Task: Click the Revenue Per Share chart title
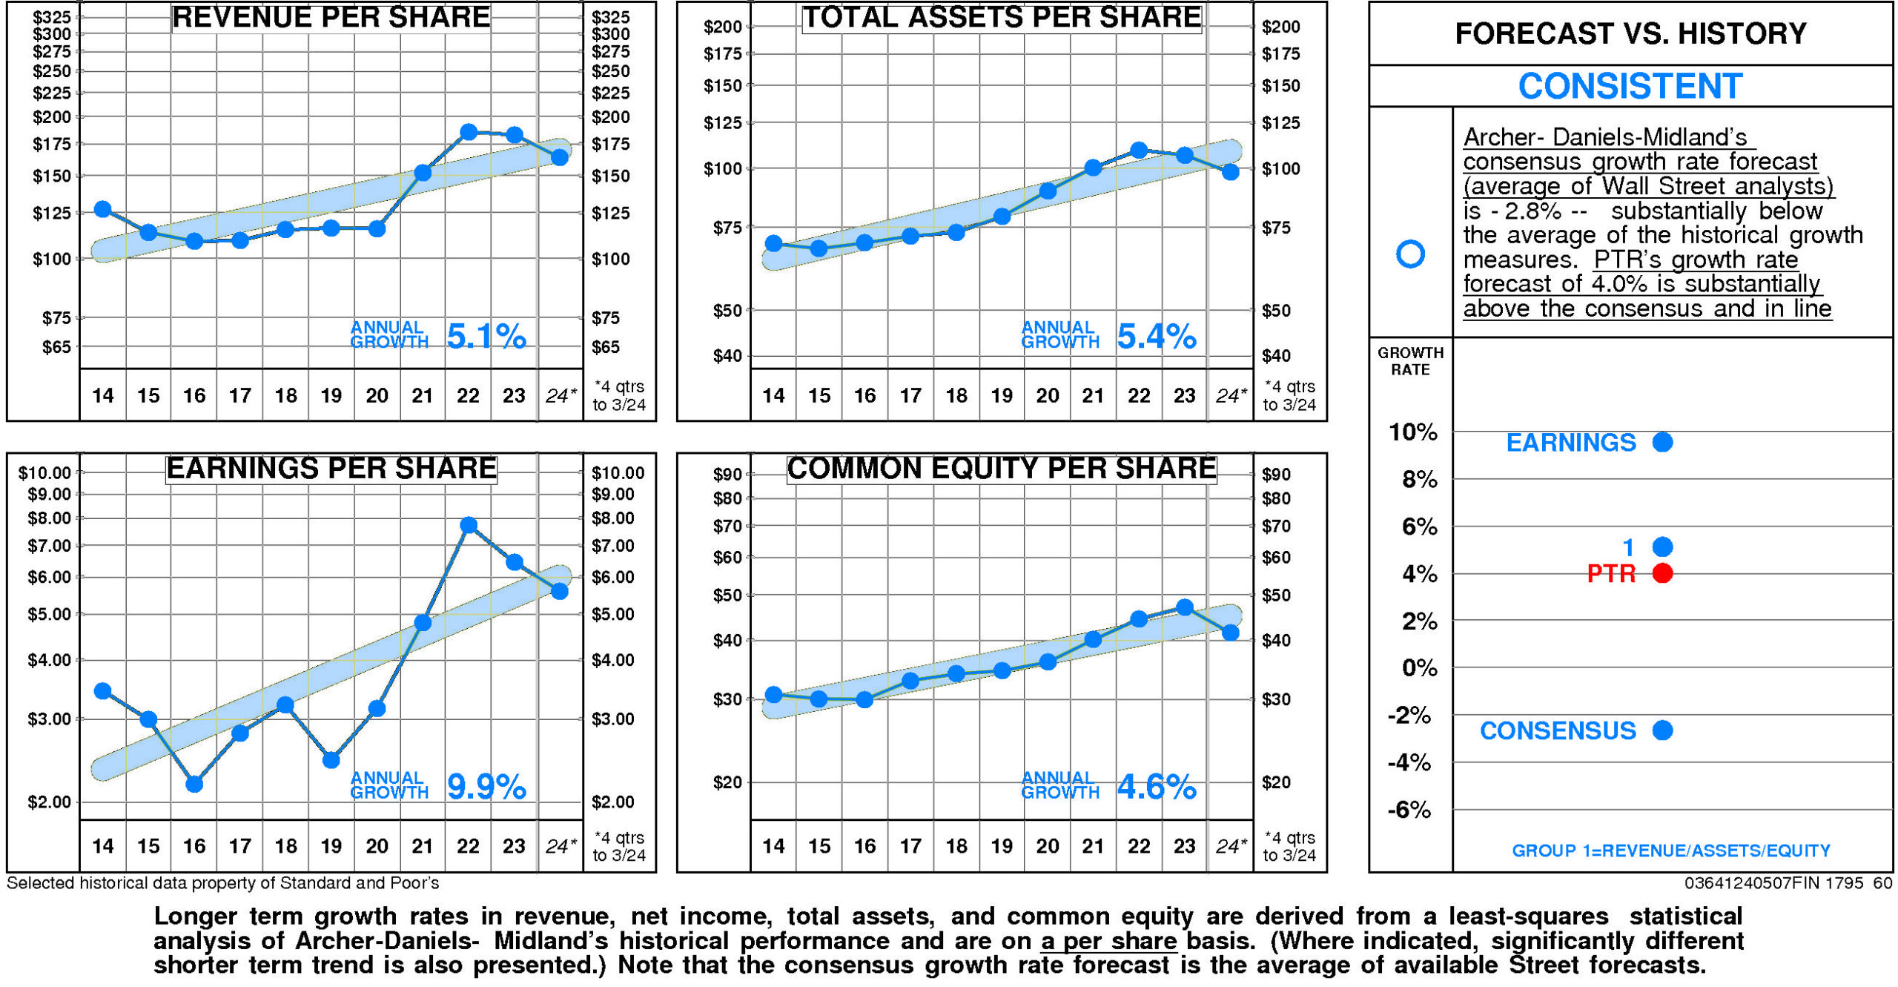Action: click(331, 17)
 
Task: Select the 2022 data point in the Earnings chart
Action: click(468, 525)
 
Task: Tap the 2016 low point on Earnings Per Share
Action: click(194, 784)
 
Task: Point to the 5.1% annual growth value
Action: click(486, 337)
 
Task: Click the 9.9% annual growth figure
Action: click(486, 786)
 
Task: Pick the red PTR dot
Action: click(1662, 573)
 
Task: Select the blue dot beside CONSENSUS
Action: click(1662, 730)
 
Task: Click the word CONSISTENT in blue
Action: click(1630, 86)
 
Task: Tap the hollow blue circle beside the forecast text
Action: click(1409, 254)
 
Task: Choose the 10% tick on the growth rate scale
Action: click(1412, 432)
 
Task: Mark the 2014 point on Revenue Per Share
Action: click(103, 209)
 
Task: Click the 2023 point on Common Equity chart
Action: click(1185, 607)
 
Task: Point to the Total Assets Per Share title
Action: click(1002, 17)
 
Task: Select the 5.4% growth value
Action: click(1156, 337)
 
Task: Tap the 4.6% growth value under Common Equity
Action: click(1156, 786)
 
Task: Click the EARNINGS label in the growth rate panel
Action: click(1570, 443)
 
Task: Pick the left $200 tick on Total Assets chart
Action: click(722, 27)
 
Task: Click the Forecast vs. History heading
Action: click(1630, 33)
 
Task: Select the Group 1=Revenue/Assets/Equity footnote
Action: click(1670, 851)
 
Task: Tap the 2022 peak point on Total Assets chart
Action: click(1139, 150)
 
